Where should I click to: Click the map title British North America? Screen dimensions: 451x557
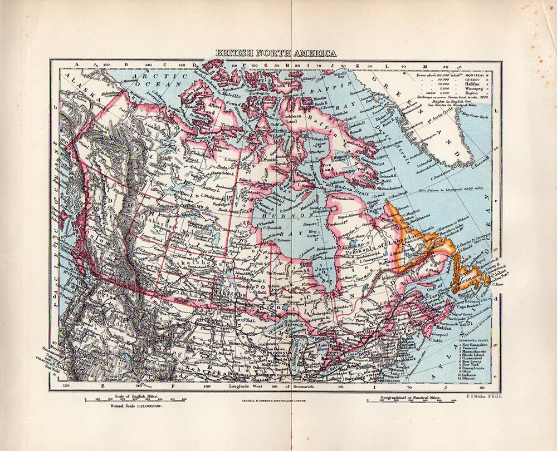pos(276,53)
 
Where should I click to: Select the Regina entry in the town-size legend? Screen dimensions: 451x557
pos(467,93)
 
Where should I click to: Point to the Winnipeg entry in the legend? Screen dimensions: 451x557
pos(469,88)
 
